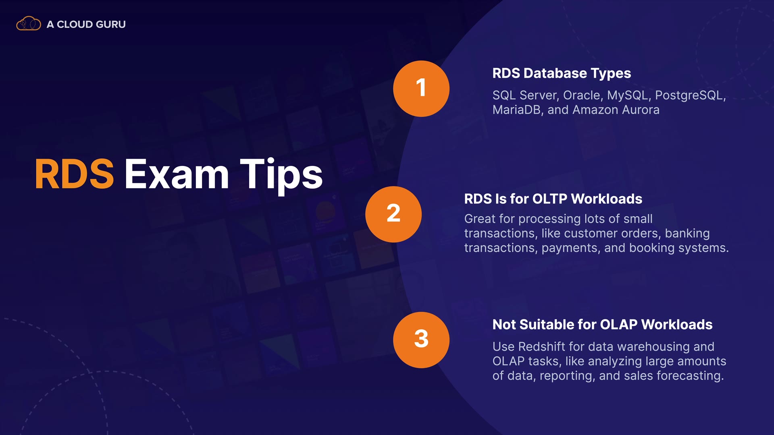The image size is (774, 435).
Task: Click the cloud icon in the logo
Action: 29,24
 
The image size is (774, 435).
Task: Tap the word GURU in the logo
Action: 111,25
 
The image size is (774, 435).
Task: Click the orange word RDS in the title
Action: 74,174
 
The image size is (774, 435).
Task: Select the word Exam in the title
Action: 177,174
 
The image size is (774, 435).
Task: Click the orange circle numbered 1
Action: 421,89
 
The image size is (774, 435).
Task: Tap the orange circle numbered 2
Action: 393,214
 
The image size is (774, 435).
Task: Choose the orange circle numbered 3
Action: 421,340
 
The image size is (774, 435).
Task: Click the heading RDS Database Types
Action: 562,73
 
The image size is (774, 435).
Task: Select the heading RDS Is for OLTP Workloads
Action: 553,199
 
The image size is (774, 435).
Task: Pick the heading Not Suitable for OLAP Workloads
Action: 602,325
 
